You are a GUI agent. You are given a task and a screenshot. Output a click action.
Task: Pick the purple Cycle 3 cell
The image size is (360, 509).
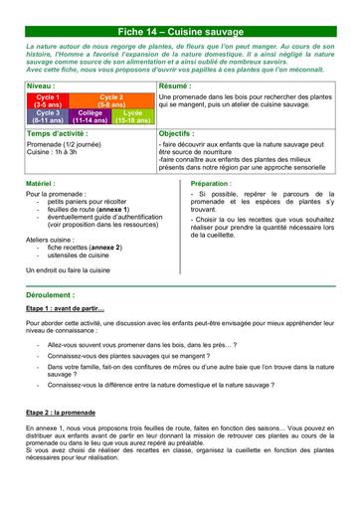pyautogui.click(x=43, y=116)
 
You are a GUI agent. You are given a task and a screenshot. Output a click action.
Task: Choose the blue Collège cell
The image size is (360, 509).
pyautogui.click(x=90, y=116)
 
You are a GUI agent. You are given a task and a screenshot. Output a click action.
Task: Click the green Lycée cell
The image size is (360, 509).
pyautogui.click(x=131, y=116)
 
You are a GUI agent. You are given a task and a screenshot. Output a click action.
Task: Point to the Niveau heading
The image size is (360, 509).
pyautogui.click(x=41, y=87)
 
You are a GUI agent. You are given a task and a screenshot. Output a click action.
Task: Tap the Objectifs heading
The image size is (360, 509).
pyautogui.click(x=177, y=132)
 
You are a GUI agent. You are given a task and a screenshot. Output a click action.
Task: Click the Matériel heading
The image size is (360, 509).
pyautogui.click(x=41, y=184)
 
